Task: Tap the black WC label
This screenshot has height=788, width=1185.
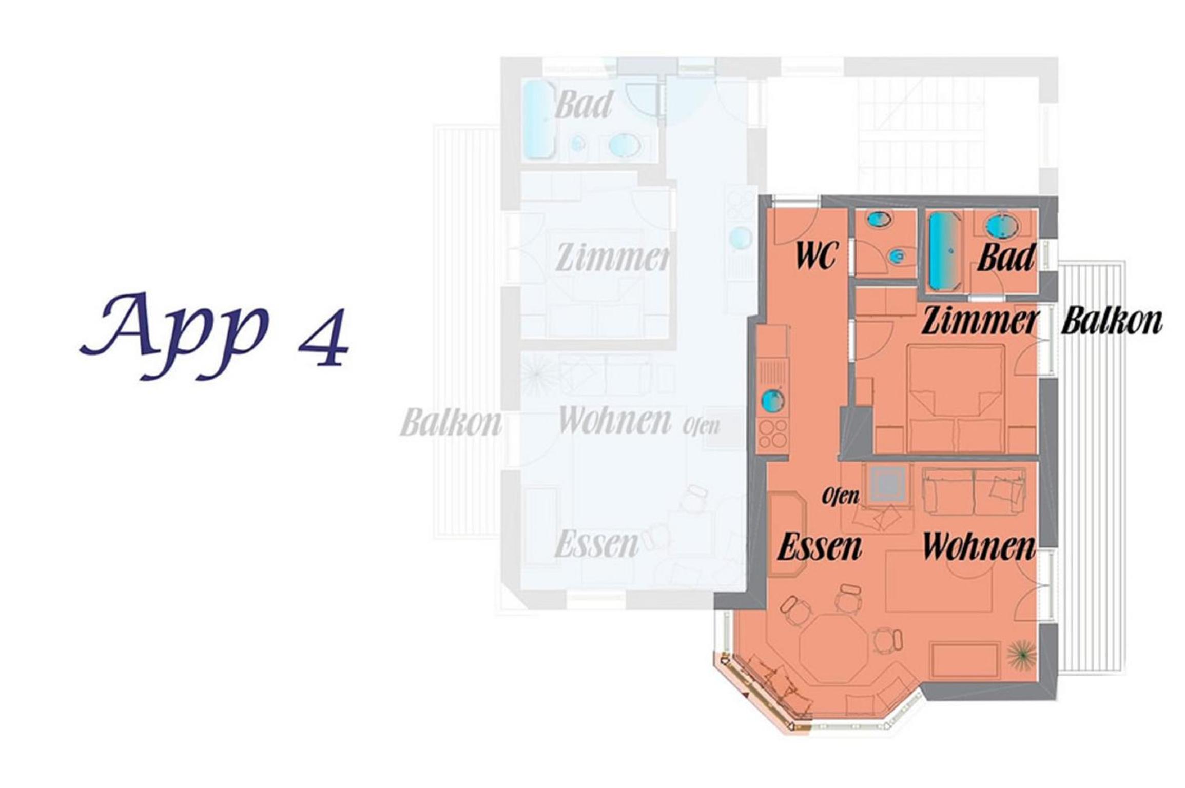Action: click(817, 255)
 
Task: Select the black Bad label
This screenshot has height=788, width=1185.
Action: click(1006, 258)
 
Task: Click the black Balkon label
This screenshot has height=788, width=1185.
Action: click(1111, 321)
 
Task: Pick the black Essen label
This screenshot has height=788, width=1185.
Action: click(820, 547)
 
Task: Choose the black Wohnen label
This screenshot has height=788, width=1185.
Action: click(979, 547)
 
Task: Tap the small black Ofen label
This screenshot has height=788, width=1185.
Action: click(841, 497)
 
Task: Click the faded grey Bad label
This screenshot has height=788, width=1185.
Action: click(584, 105)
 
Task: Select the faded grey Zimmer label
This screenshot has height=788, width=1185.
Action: click(613, 258)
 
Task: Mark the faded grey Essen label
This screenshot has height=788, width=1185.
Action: click(597, 544)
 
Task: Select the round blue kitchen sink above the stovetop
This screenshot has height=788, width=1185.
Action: click(773, 400)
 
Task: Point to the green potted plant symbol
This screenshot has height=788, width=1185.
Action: click(1021, 656)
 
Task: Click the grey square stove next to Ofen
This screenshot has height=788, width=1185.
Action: click(887, 483)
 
